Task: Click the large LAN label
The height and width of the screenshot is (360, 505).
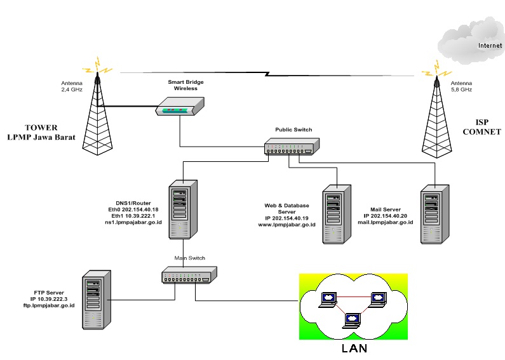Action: pos(353,348)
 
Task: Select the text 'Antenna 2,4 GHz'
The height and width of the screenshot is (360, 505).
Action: pos(63,86)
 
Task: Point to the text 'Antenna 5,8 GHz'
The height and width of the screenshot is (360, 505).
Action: pos(461,86)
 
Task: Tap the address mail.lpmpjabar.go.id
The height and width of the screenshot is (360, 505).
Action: pos(386,222)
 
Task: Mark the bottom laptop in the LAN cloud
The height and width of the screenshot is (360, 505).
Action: pos(351,320)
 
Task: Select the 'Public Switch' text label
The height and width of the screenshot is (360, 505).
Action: pos(293,130)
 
